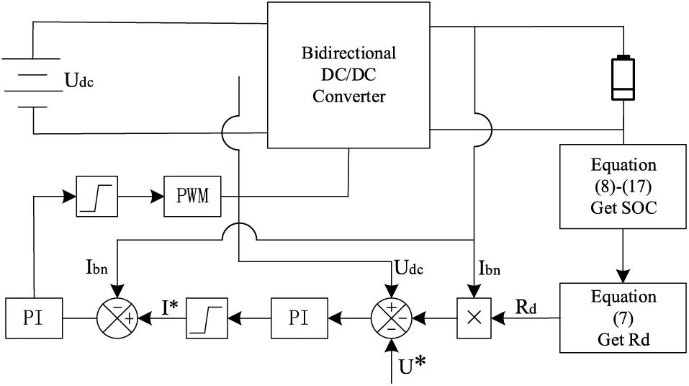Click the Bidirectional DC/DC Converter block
point(348,75)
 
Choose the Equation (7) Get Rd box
point(623,317)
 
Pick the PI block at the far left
point(34,316)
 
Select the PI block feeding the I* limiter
point(300,316)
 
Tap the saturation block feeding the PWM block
point(96,195)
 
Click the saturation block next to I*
point(207,316)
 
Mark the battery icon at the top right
point(623,77)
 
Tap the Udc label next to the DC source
point(79,80)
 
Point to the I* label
point(169,309)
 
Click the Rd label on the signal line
point(524,305)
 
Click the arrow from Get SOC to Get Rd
point(623,251)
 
